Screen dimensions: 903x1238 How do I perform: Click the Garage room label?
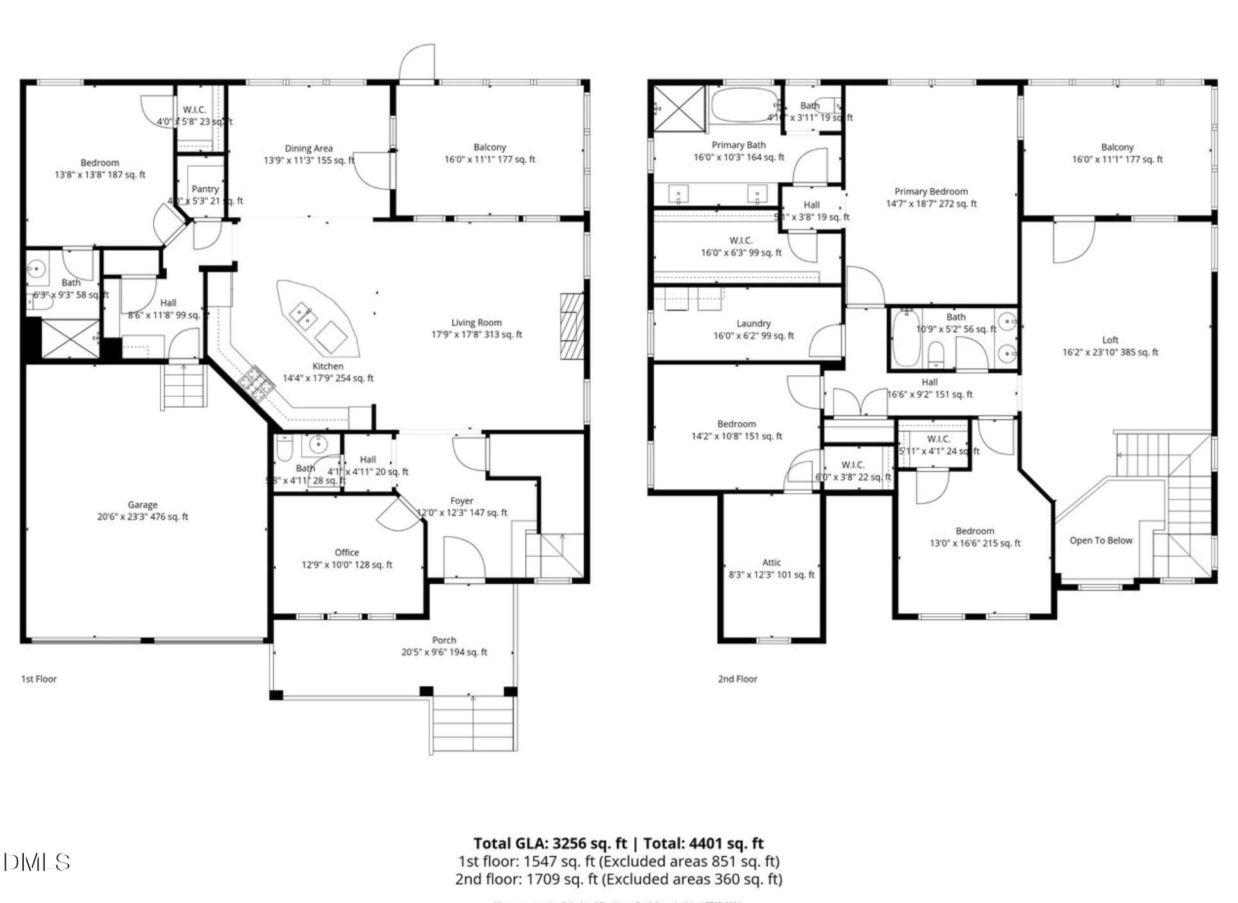(x=142, y=505)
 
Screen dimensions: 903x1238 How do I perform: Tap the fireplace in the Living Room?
(x=572, y=326)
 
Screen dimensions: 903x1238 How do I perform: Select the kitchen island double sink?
(x=302, y=315)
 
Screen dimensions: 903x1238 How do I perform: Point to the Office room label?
(x=347, y=553)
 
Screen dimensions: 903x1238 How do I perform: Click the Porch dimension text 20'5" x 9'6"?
(x=444, y=652)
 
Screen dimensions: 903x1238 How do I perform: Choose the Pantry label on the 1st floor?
(x=205, y=189)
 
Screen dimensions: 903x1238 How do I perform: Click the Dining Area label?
(x=308, y=148)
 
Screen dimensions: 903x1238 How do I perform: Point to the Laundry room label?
(x=754, y=324)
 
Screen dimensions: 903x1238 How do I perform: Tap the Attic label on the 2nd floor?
(x=772, y=562)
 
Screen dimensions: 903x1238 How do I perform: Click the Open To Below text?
(x=1100, y=541)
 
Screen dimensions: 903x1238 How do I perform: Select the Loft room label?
(x=1110, y=340)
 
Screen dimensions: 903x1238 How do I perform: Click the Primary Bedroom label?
(x=931, y=192)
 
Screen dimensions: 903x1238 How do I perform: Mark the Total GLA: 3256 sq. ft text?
(x=550, y=843)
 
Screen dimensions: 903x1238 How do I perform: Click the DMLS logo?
(x=37, y=863)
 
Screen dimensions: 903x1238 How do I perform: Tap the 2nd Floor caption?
(x=738, y=679)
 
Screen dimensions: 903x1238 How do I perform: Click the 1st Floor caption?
(x=39, y=679)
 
